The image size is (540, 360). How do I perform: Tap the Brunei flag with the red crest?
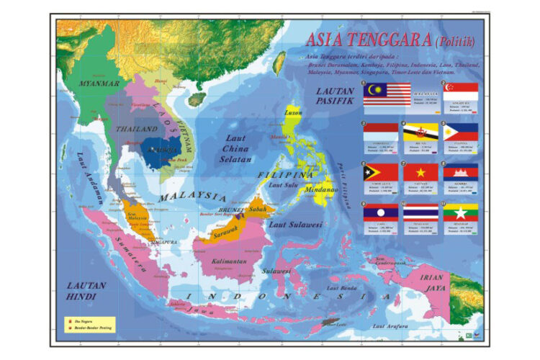[420, 132]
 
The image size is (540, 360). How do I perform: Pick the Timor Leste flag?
[380, 171]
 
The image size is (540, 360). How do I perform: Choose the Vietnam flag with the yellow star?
[420, 171]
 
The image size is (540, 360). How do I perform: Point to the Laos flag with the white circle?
[380, 212]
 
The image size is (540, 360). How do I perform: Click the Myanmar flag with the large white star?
[461, 212]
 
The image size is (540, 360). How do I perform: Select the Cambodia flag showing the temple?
[461, 171]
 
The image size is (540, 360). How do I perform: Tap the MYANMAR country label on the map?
[99, 84]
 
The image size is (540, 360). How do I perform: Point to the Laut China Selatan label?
[236, 147]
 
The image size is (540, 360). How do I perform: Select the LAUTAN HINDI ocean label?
[86, 291]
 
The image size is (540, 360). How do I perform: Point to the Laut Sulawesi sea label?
[295, 225]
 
